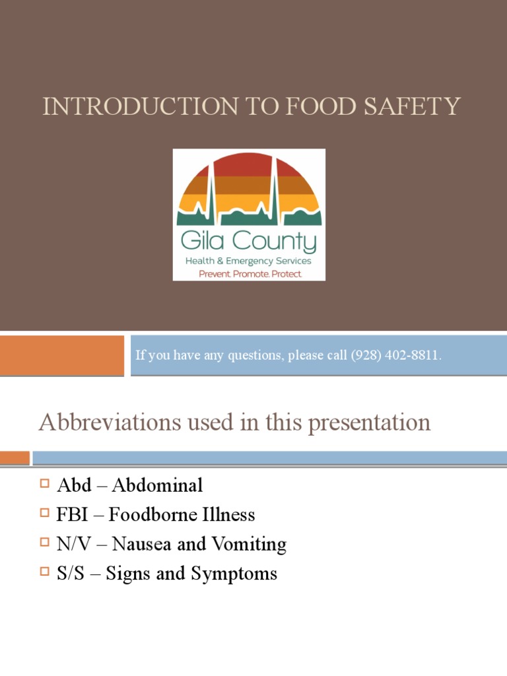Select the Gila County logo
[x=249, y=215]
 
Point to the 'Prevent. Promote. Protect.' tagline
[x=250, y=273]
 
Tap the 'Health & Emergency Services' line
[x=250, y=261]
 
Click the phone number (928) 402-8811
[x=395, y=356]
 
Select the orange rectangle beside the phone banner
[x=61, y=355]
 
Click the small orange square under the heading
[x=15, y=457]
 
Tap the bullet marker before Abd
[x=45, y=485]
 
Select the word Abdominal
[x=157, y=485]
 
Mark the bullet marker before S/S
[x=45, y=572]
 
